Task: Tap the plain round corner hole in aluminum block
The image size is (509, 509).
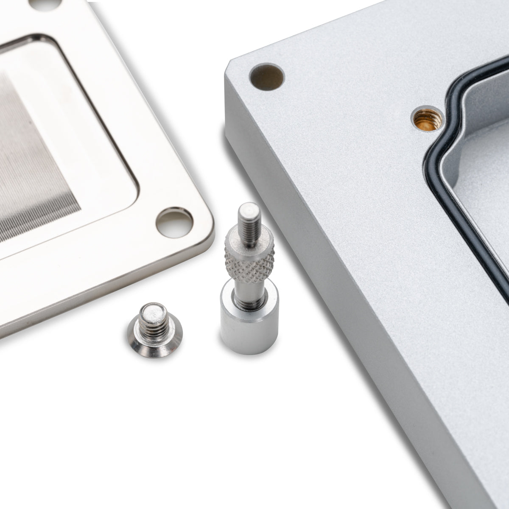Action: click(x=267, y=77)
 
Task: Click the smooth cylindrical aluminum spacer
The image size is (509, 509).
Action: click(x=248, y=322)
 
